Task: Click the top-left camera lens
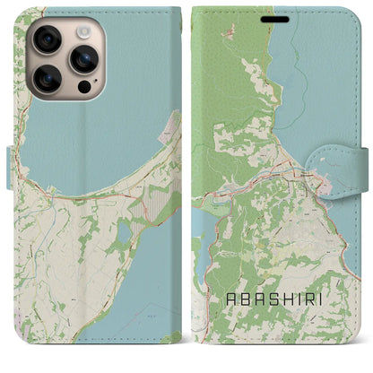(x=47, y=39)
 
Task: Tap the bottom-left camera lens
(x=47, y=78)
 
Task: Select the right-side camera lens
(x=83, y=59)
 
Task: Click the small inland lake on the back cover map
(x=124, y=235)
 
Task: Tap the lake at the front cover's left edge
(x=201, y=233)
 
